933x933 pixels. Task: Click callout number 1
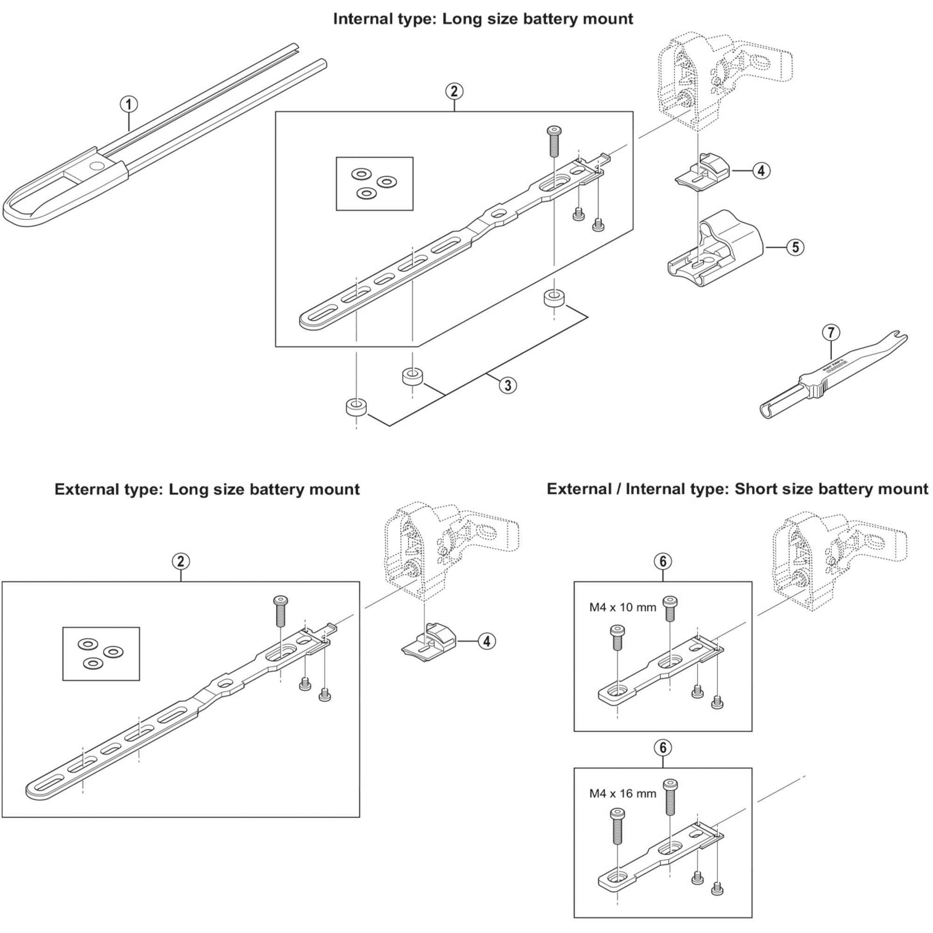pyautogui.click(x=129, y=104)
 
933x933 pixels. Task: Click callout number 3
pyautogui.click(x=508, y=385)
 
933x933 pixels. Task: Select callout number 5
pyautogui.click(x=795, y=247)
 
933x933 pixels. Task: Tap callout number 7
pyautogui.click(x=831, y=333)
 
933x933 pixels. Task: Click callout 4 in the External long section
pyautogui.click(x=487, y=641)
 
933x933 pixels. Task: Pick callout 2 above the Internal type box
pyautogui.click(x=454, y=91)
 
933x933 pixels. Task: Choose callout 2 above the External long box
pyautogui.click(x=181, y=561)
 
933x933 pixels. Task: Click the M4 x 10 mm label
pyautogui.click(x=622, y=607)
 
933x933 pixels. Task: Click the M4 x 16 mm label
pyautogui.click(x=622, y=793)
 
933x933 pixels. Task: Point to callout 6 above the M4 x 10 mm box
pyautogui.click(x=662, y=561)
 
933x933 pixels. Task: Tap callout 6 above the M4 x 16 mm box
pyautogui.click(x=662, y=747)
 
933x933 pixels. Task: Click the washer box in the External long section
pyautogui.click(x=101, y=654)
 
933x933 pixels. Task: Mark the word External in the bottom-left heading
pyautogui.click(x=84, y=489)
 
